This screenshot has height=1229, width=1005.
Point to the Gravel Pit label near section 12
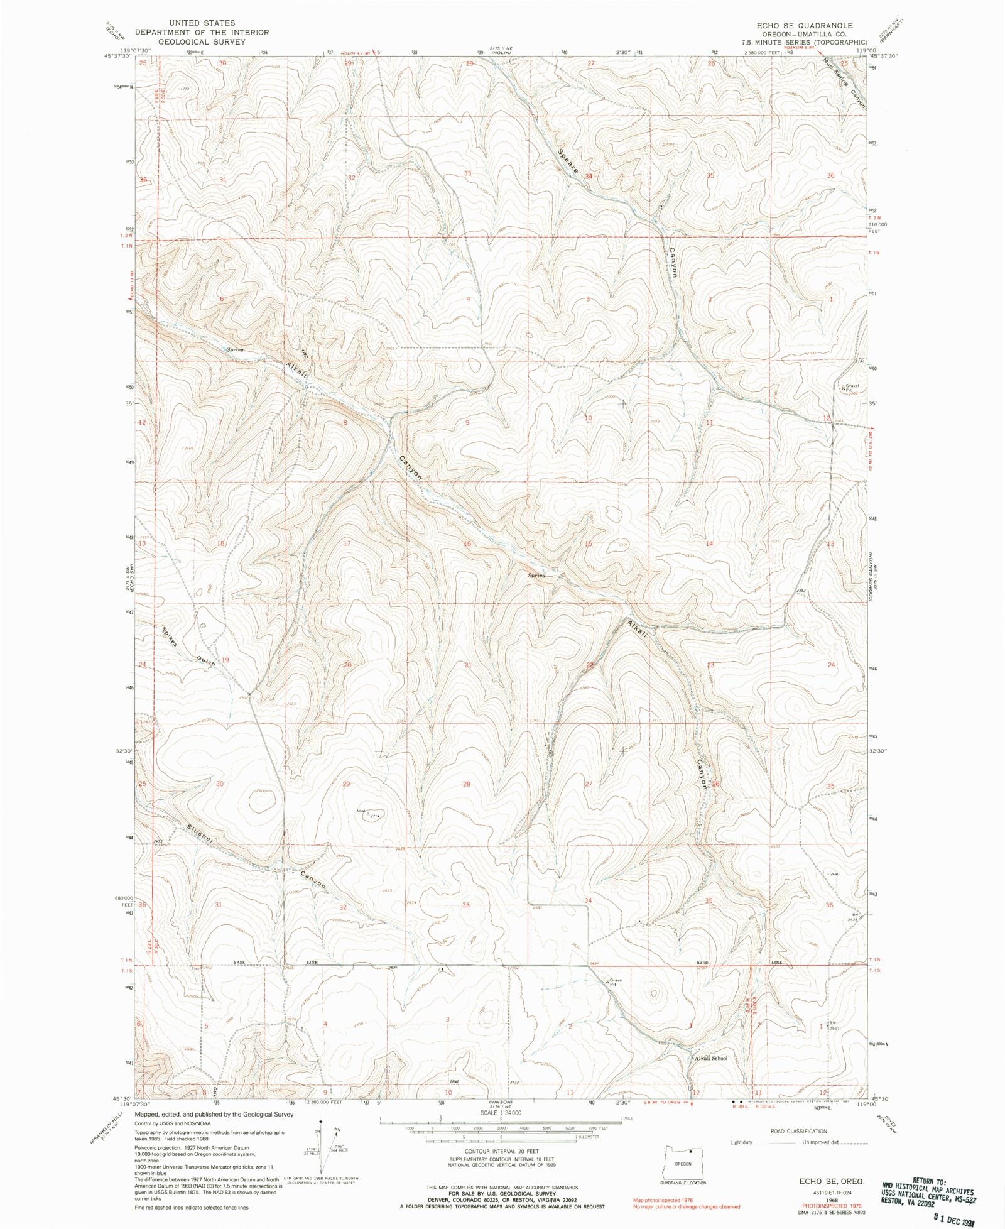tap(851, 388)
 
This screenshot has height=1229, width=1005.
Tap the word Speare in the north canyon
tap(567, 162)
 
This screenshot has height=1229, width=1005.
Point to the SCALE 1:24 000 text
tap(501, 1112)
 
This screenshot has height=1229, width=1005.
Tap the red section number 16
tap(467, 543)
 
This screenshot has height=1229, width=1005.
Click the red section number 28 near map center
tap(467, 784)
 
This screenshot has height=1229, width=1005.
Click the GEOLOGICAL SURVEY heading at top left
tap(201, 41)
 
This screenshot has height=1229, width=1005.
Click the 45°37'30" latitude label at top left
tap(129, 56)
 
